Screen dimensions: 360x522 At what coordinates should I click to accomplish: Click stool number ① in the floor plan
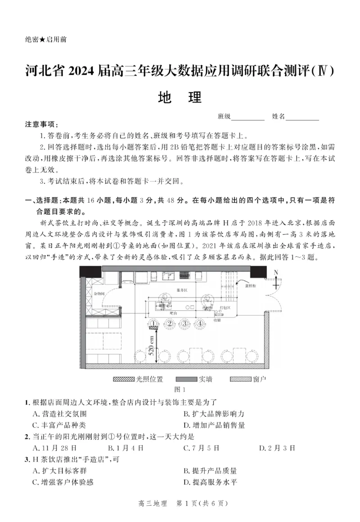(154, 323)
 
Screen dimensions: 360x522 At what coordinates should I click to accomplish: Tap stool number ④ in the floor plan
(199, 323)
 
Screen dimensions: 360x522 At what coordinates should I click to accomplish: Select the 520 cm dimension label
(152, 348)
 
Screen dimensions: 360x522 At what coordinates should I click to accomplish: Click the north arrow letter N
(276, 272)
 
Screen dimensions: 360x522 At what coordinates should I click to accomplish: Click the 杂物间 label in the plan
(99, 293)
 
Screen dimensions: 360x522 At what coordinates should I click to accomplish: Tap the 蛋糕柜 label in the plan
(250, 286)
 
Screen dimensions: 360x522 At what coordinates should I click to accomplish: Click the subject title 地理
(180, 98)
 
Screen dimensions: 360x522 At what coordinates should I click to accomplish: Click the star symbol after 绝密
(42, 40)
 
